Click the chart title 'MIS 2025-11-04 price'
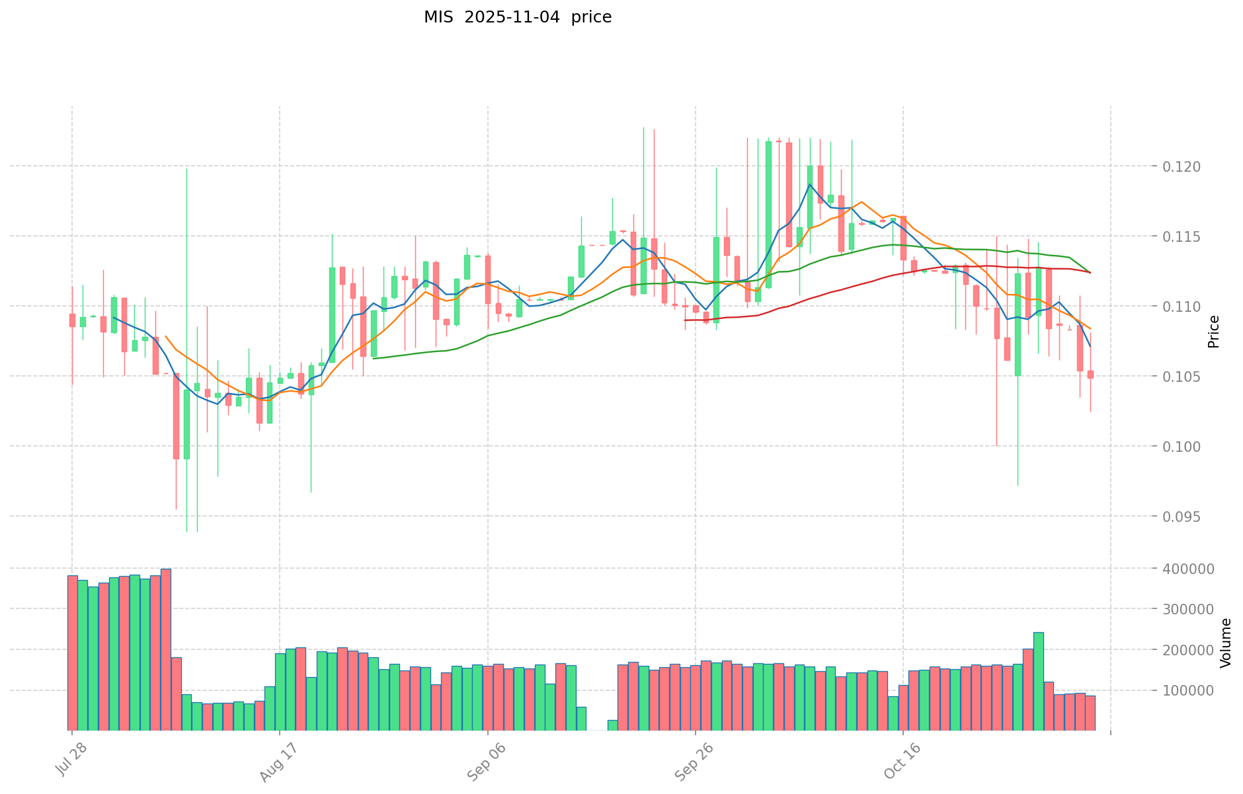[517, 17]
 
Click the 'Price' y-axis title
[1213, 331]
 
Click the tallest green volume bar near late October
[1038, 681]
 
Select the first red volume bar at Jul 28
[72, 653]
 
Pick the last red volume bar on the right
[1090, 713]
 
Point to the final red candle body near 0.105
[1090, 375]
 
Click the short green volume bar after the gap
[612, 725]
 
